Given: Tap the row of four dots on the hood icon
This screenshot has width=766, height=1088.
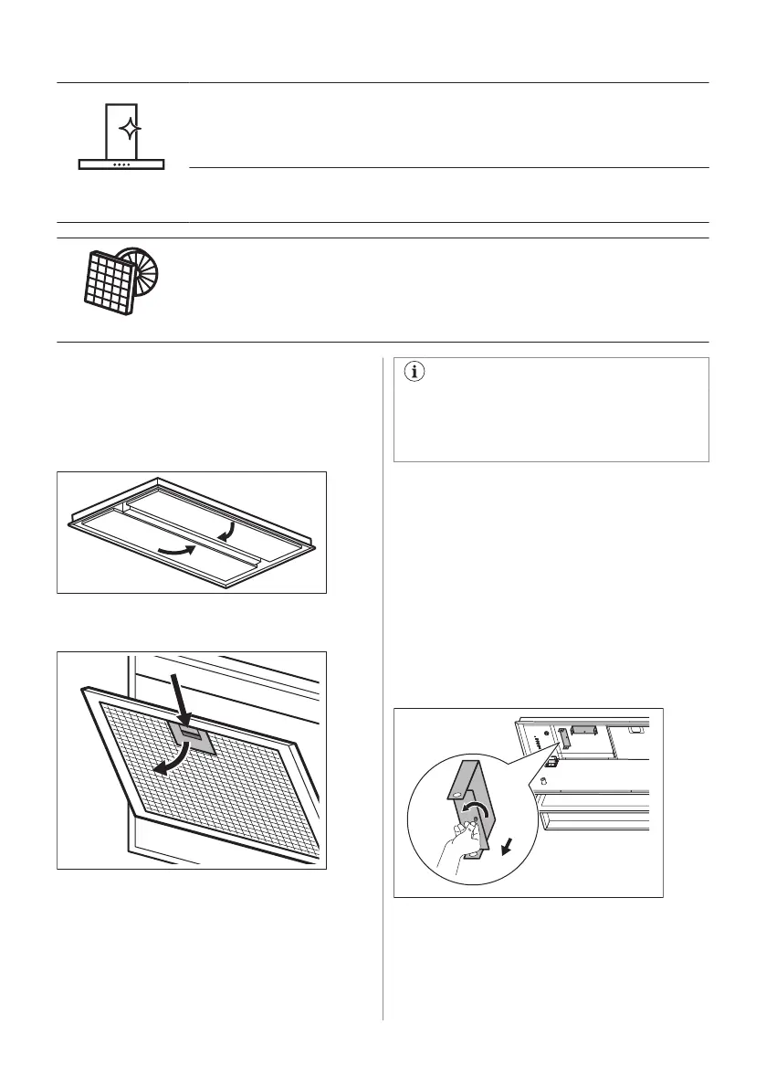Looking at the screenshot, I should coord(121,165).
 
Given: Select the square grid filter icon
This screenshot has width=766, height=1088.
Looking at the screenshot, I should coord(103,280).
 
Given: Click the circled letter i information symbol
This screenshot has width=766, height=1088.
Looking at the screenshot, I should coord(415,372).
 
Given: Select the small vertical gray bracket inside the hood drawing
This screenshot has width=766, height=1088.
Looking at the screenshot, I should coord(563,738).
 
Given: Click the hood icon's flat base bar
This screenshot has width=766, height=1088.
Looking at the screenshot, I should coord(121,164).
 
